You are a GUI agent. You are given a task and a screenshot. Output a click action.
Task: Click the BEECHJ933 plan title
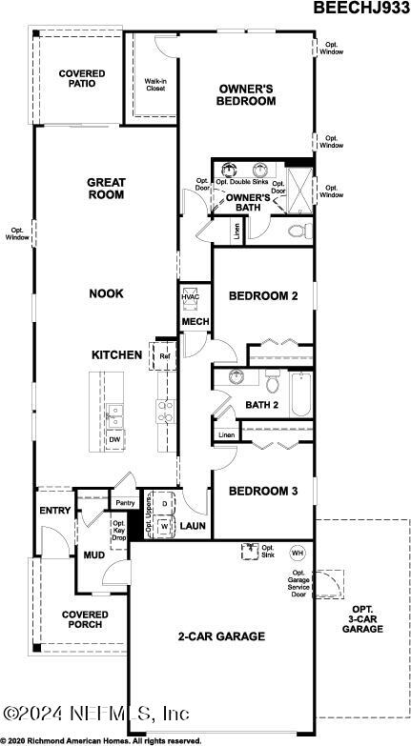[x=361, y=9]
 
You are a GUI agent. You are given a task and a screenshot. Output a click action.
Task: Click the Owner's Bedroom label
[x=245, y=94]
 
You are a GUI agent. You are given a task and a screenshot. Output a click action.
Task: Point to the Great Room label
[x=107, y=188]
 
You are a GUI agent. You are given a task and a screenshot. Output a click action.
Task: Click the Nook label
[x=107, y=293]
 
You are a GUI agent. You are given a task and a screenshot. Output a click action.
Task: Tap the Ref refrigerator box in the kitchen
[x=164, y=356]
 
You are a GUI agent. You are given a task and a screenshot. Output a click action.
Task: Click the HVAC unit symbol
[x=190, y=297]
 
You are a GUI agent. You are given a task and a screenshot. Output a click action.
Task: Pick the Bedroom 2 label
[x=263, y=296]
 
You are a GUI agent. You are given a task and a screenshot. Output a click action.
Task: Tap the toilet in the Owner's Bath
[x=296, y=231]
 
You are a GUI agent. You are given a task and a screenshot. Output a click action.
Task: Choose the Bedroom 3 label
[x=263, y=491]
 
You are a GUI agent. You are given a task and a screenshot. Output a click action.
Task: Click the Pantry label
[x=124, y=503]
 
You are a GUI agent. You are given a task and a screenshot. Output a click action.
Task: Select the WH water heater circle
[x=297, y=553]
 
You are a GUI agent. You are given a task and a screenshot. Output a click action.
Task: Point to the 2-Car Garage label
[x=220, y=635]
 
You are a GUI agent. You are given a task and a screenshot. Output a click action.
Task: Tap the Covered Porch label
[x=86, y=620]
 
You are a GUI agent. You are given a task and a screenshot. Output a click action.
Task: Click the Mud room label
[x=93, y=554]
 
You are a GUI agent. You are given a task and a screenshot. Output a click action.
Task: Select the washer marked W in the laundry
[x=164, y=524]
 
